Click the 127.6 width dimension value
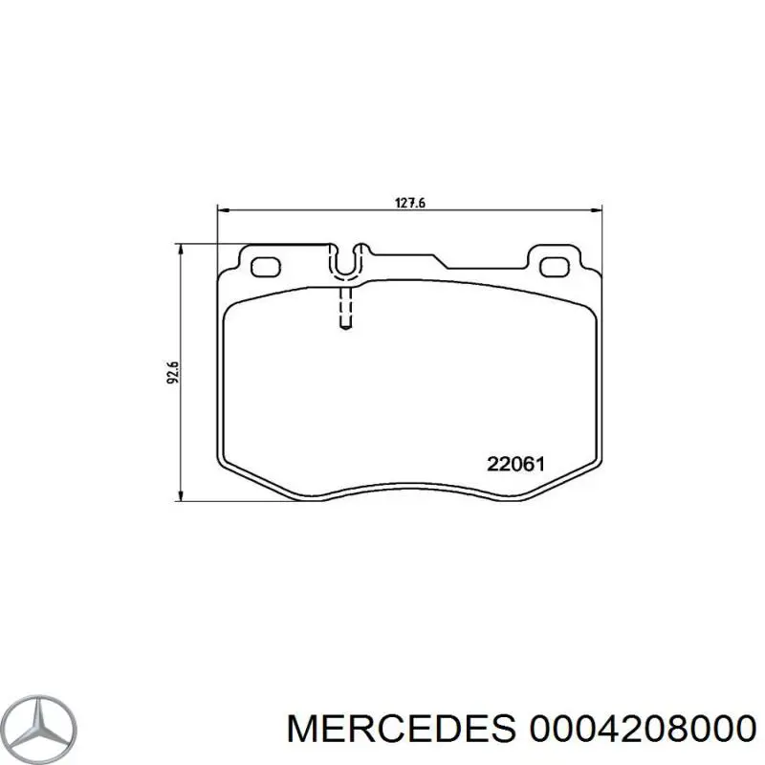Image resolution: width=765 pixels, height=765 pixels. point(409,203)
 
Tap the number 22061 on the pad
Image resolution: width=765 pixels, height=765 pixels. point(515,465)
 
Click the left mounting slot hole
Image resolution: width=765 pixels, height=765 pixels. point(264,266)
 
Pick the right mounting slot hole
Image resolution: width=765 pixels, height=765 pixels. point(553,266)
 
